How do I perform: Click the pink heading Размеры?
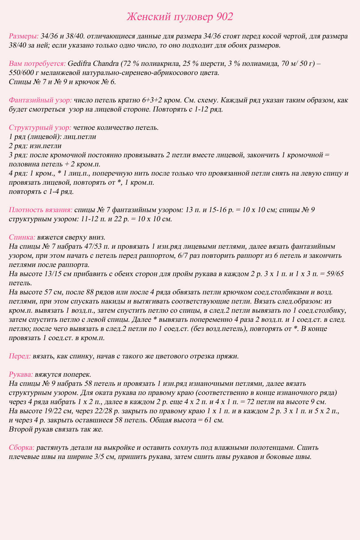[x=24, y=36]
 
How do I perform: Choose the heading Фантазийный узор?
[x=41, y=100]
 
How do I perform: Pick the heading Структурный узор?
[x=40, y=128]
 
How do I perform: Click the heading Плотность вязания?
[x=41, y=210]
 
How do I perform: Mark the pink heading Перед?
[x=20, y=356]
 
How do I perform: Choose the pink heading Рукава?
[x=21, y=375]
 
